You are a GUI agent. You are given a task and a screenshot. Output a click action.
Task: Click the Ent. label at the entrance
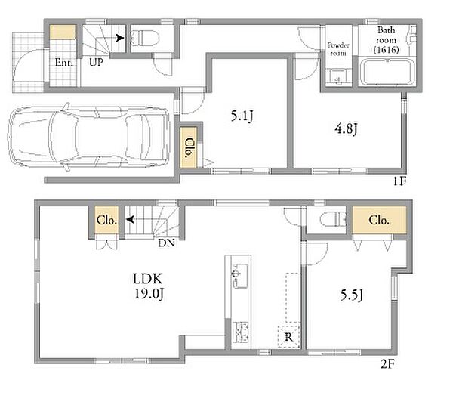tap(64, 63)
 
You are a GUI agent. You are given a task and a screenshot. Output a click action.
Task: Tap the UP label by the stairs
tap(96, 62)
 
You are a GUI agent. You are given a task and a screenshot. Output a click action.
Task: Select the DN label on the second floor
tap(166, 243)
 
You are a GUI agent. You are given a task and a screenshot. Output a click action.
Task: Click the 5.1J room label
tap(242, 116)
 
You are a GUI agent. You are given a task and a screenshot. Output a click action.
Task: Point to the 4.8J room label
tap(346, 128)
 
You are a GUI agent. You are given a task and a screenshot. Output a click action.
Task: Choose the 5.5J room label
tap(351, 295)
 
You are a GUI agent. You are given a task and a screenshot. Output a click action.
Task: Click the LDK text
tap(148, 279)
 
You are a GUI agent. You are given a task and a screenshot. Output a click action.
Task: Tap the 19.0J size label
tap(149, 294)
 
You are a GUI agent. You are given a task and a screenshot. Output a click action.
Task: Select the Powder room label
tap(338, 49)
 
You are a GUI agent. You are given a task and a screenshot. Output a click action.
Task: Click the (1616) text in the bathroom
tap(387, 50)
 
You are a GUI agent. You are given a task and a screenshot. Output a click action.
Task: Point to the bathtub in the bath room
tap(387, 72)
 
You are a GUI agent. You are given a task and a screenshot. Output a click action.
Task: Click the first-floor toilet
tap(145, 38)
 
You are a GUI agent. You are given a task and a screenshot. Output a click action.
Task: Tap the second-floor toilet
tap(334, 219)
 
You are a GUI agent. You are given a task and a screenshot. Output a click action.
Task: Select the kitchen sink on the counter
tap(240, 276)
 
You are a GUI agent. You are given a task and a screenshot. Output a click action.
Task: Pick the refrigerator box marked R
tap(288, 336)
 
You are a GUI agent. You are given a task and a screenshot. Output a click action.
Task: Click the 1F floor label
tap(399, 181)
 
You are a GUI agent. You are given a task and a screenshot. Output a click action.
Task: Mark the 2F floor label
tap(387, 364)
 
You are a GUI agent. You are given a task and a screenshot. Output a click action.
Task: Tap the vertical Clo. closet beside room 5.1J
tap(188, 147)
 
